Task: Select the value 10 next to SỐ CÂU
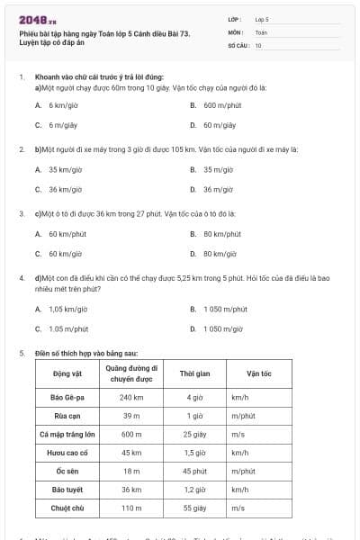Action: click(258, 44)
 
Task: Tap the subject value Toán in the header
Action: click(261, 31)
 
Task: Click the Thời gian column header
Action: click(194, 373)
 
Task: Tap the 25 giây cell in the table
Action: click(194, 434)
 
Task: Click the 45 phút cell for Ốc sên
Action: click(194, 471)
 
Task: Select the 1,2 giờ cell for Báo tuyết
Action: click(194, 490)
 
